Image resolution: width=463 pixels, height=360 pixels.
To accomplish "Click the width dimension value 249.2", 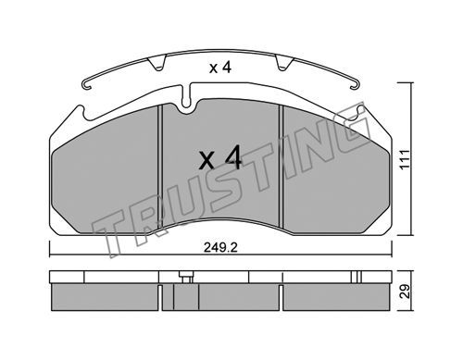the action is (x=220, y=247).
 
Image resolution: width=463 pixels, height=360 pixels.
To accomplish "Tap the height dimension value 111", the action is (x=405, y=159).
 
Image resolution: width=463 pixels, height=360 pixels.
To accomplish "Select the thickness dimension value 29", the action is (x=405, y=292).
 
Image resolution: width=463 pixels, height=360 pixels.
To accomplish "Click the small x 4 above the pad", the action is (x=220, y=68).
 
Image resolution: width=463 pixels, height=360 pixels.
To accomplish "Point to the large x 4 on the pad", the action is (x=220, y=158).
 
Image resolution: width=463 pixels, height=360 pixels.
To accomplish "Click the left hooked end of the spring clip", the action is (x=86, y=84).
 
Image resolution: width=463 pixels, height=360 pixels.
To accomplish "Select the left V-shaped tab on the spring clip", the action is (x=157, y=63).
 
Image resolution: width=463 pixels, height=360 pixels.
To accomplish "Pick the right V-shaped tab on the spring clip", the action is (x=284, y=63).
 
